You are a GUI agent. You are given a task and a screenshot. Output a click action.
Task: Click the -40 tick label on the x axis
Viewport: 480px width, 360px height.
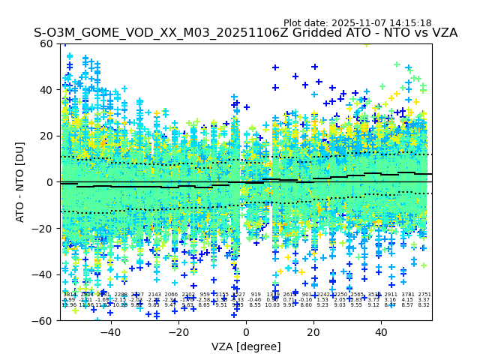110,332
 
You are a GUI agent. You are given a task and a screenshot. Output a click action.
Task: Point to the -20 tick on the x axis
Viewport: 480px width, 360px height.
178,321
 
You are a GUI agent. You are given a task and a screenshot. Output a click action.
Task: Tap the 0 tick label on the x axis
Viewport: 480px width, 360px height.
246,332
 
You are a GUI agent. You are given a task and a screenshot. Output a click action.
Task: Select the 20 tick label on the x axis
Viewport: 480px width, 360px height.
314,332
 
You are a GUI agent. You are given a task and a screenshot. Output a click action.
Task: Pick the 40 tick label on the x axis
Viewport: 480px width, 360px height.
382,332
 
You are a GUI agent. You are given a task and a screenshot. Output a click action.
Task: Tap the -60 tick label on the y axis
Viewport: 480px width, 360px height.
44,320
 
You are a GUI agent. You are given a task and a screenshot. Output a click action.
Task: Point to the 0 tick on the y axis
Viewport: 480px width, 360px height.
61,182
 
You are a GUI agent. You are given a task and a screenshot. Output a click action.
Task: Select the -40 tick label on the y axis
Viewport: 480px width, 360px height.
44,274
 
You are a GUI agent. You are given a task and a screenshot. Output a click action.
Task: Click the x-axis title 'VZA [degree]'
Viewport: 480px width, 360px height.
246,346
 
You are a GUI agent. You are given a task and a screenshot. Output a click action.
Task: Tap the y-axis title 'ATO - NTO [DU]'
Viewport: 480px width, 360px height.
20,182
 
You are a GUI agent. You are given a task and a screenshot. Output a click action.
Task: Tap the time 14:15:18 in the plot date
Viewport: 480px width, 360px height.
409,23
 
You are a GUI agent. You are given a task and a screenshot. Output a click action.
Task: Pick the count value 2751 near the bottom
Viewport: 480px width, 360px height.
424,295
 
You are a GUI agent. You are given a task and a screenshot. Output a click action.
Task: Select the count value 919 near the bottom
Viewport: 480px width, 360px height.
256,295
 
